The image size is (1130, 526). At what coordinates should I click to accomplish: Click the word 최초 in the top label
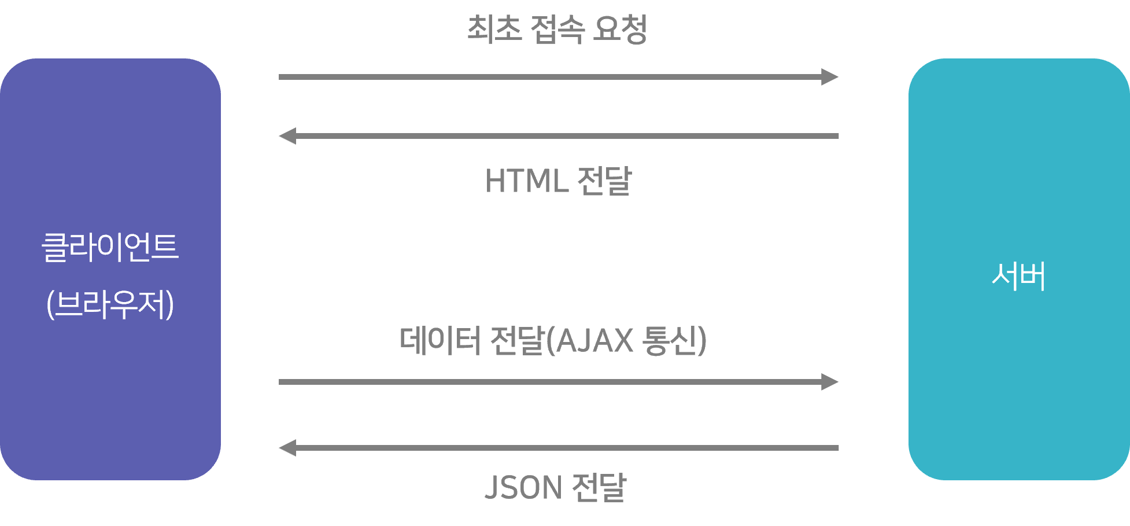[494, 29]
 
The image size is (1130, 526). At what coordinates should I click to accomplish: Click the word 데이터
[440, 340]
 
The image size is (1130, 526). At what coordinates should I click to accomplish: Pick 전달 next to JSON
[599, 487]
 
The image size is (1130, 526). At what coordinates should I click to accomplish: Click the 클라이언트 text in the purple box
[110, 248]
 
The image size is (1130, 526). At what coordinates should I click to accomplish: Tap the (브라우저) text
[110, 304]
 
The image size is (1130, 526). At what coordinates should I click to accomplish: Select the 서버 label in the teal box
[1018, 276]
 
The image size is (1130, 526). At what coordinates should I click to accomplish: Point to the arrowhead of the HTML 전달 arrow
[287, 136]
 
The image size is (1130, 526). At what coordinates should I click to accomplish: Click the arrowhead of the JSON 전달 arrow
[287, 448]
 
